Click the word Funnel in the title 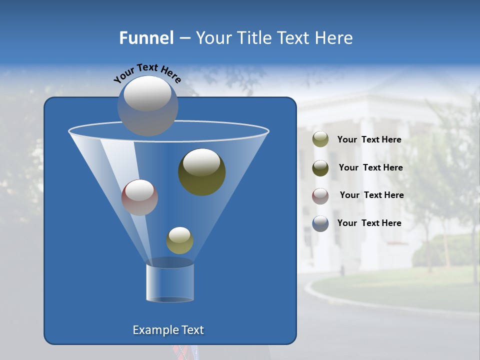pyautogui.click(x=146, y=38)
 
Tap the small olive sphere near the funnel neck pyautogui.click(x=179, y=241)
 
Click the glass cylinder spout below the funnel pyautogui.click(x=170, y=282)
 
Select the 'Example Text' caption pyautogui.click(x=168, y=330)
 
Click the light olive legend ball pyautogui.click(x=320, y=139)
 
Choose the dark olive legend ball pyautogui.click(x=320, y=168)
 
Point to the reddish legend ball pyautogui.click(x=320, y=196)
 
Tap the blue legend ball pyautogui.click(x=320, y=223)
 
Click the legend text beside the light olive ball pyautogui.click(x=369, y=140)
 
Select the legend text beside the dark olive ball pyautogui.click(x=370, y=168)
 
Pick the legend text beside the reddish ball pyautogui.click(x=372, y=195)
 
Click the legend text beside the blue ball pyautogui.click(x=369, y=223)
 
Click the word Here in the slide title pyautogui.click(x=335, y=38)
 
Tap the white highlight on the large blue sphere pyautogui.click(x=147, y=94)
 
